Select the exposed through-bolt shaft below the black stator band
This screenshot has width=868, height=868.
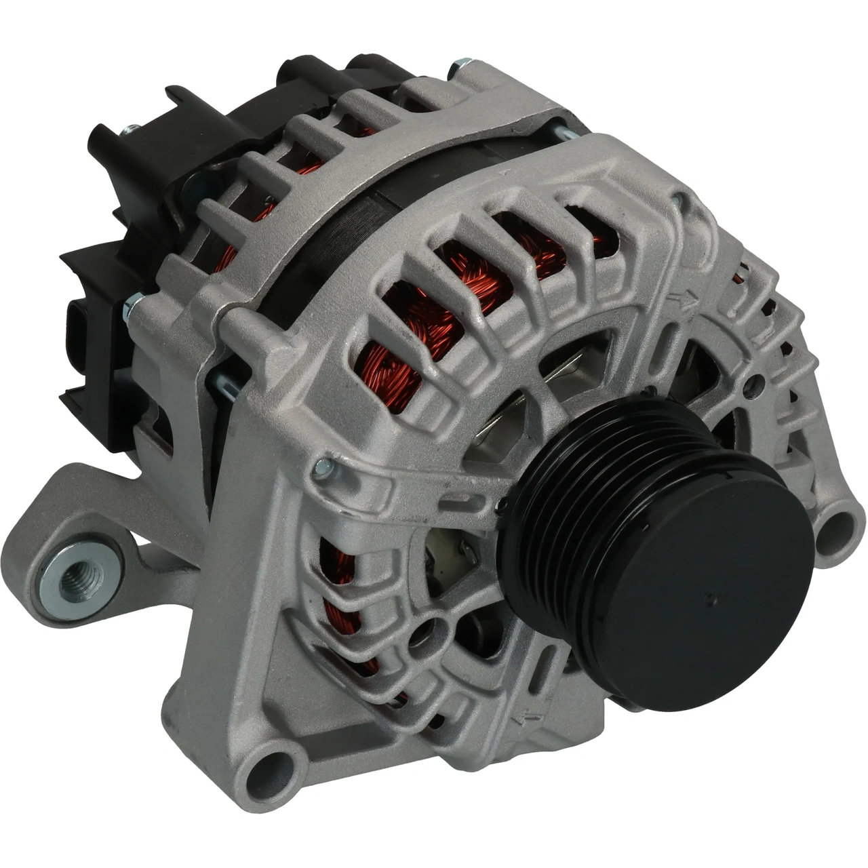pos(227,384)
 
